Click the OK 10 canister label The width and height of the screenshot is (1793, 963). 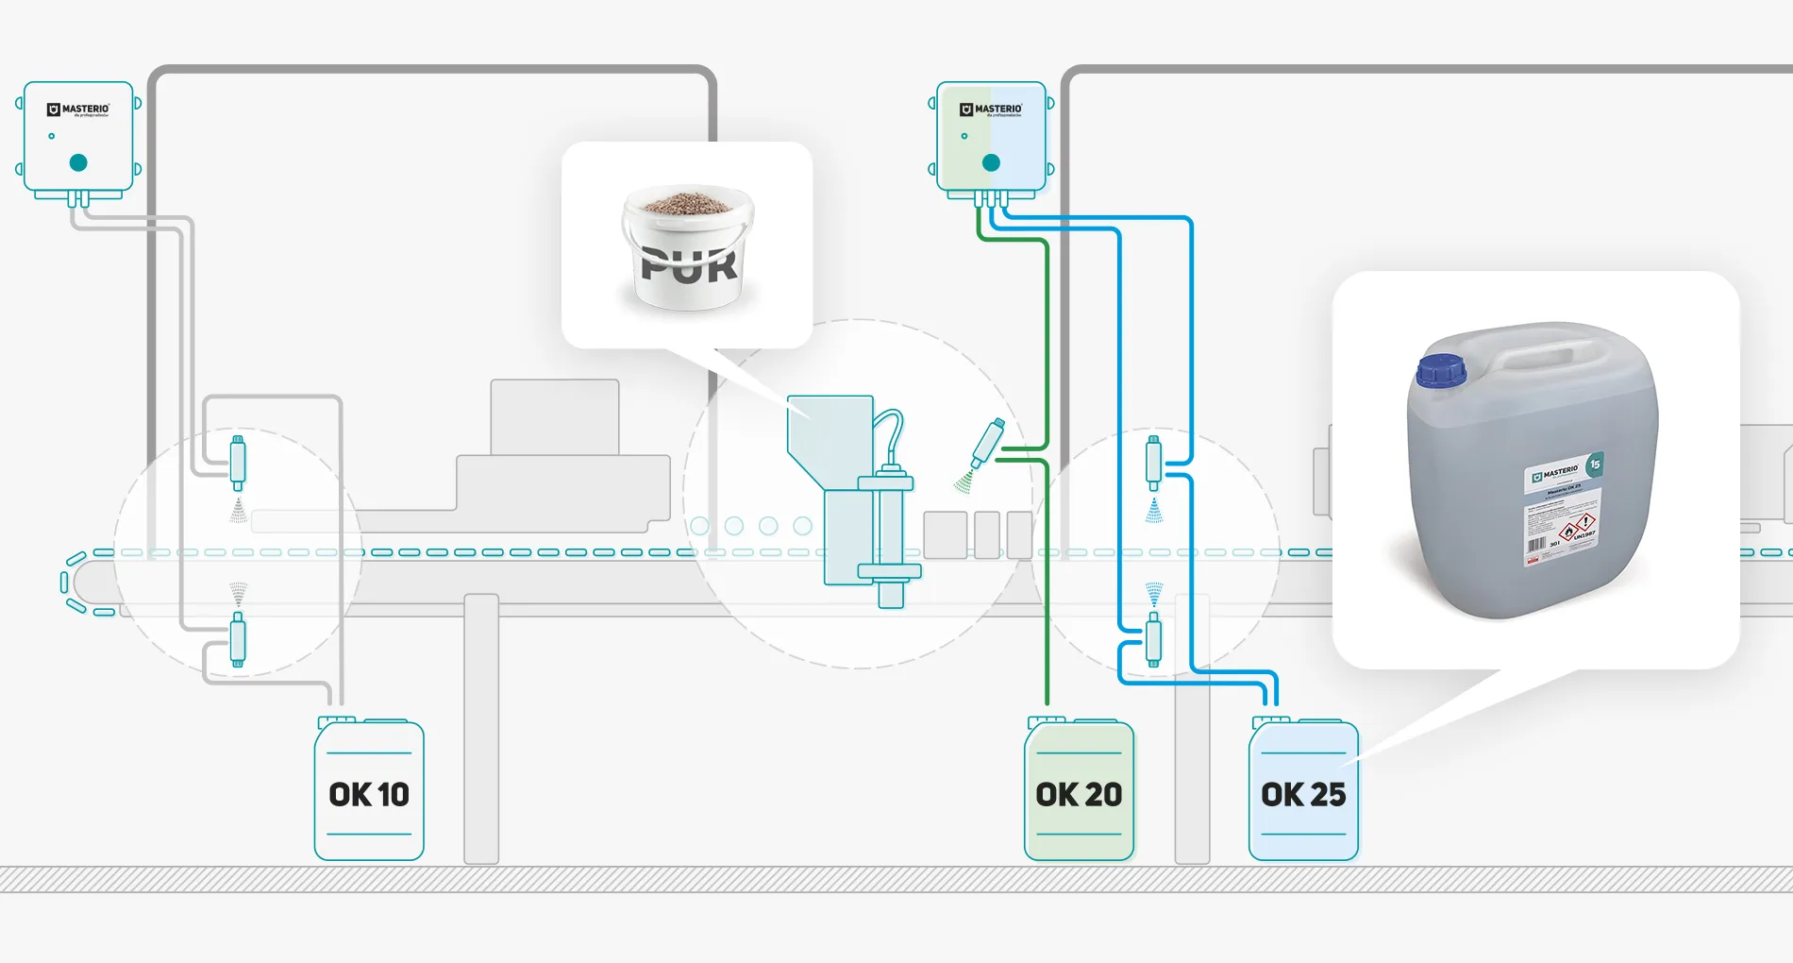click(369, 794)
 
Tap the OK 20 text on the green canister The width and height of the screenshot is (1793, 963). click(1079, 794)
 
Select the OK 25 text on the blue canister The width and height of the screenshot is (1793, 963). click(1303, 794)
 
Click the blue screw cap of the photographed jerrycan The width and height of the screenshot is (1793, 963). click(1441, 369)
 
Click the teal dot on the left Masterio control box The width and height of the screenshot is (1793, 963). click(78, 162)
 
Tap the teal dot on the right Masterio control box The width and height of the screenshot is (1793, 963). click(991, 162)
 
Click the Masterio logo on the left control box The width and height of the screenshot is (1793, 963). click(78, 110)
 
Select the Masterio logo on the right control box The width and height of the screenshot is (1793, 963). click(991, 110)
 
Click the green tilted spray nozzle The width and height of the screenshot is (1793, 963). click(988, 442)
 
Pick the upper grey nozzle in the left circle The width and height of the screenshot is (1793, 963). click(238, 462)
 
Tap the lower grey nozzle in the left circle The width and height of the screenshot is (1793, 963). click(238, 639)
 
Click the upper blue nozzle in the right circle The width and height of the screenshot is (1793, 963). click(1153, 462)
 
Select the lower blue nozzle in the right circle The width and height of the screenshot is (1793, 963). click(1153, 639)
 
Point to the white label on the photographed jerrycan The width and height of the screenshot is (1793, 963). click(1561, 515)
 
